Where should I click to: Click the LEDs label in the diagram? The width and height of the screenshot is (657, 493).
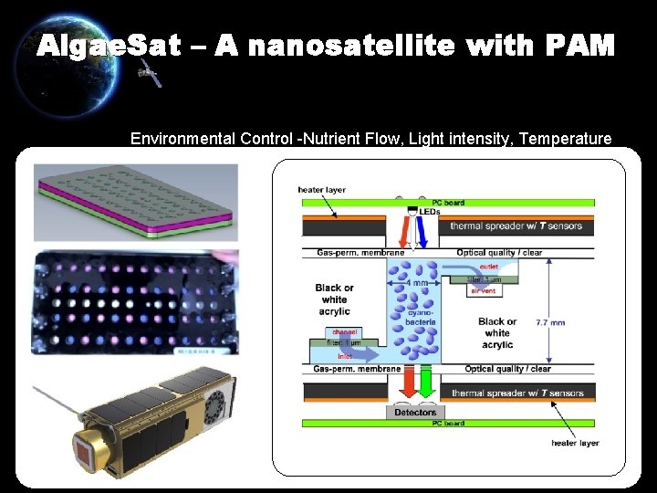(x=428, y=212)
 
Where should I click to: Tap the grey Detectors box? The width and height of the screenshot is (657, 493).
(x=415, y=413)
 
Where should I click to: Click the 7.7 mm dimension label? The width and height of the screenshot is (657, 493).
(x=550, y=322)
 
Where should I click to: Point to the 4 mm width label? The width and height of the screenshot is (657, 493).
(x=418, y=283)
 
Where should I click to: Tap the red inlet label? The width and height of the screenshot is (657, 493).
(x=345, y=357)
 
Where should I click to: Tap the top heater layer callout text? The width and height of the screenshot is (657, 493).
(x=321, y=190)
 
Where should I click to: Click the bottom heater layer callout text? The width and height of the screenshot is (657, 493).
(x=576, y=443)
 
